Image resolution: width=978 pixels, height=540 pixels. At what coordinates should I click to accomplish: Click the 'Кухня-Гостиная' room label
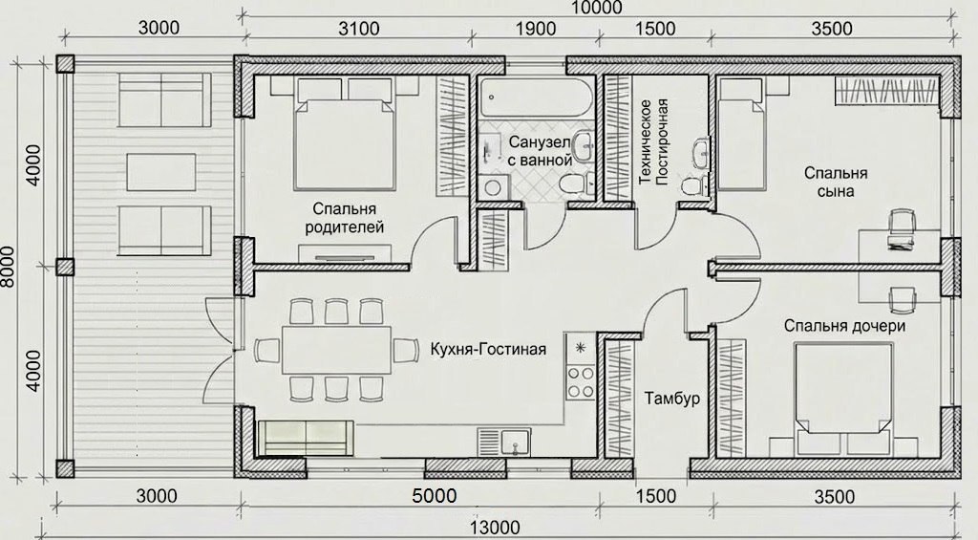[x=488, y=349]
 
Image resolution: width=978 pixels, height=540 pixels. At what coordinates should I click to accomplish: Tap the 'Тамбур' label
[x=671, y=399]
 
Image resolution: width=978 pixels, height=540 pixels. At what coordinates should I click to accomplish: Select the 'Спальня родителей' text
[x=344, y=217]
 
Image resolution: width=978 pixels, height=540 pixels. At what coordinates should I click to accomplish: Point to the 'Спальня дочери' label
[x=844, y=326]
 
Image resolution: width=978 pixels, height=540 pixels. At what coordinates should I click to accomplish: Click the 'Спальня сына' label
[x=836, y=182]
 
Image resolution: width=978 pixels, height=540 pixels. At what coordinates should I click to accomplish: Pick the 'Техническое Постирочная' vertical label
[x=653, y=141]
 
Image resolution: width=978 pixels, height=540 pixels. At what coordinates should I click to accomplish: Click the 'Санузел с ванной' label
[x=541, y=150]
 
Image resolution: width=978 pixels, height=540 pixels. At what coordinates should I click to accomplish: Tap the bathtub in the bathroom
[x=537, y=98]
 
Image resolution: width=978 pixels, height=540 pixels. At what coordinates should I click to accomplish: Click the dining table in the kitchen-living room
[x=337, y=350]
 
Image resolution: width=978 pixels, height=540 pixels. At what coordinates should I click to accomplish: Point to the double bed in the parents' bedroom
[x=345, y=136]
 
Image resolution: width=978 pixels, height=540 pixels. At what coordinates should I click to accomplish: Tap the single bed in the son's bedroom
[x=741, y=135]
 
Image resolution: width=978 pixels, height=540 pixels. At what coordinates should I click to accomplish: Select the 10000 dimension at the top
[x=596, y=8]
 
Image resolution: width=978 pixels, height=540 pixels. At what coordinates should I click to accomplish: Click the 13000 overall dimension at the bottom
[x=495, y=529]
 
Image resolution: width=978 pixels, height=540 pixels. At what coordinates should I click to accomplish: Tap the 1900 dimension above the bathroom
[x=536, y=29]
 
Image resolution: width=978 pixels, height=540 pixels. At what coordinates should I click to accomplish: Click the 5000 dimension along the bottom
[x=435, y=496]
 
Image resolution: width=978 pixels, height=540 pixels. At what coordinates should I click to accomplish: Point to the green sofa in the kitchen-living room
[x=306, y=438]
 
